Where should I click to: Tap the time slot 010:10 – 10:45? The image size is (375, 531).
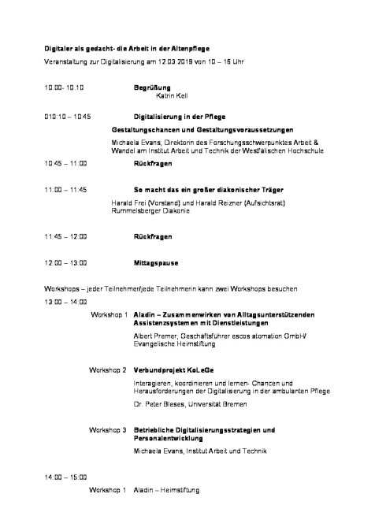(x=68, y=116)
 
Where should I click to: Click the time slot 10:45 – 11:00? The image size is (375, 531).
(x=66, y=163)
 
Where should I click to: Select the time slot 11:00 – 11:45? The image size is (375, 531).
(x=66, y=191)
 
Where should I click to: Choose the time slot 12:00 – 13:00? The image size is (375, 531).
(x=66, y=262)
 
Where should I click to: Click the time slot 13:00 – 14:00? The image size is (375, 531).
(x=66, y=302)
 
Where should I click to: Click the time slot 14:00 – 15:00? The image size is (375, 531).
(x=66, y=477)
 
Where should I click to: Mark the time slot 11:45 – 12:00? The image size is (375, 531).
(x=66, y=236)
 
